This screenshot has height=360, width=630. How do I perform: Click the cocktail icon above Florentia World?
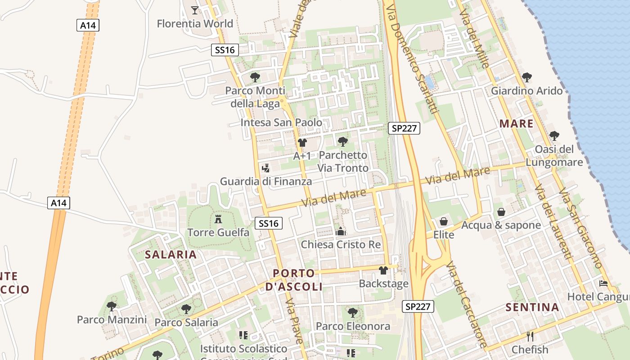click(194, 10)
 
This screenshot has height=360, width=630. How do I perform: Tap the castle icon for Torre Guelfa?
click(218, 219)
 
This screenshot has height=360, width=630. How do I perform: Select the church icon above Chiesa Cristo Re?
click(341, 232)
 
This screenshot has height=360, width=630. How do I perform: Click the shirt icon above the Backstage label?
click(383, 270)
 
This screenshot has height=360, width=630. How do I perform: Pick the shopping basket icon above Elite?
click(444, 221)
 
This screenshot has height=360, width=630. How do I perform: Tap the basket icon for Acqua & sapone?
click(501, 212)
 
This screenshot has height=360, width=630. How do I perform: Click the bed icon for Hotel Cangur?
click(603, 283)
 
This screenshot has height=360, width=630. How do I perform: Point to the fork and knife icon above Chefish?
click(530, 336)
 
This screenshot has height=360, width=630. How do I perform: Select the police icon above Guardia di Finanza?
click(265, 168)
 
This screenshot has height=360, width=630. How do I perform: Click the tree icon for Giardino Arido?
click(526, 77)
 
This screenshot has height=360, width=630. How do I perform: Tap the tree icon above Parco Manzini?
click(112, 306)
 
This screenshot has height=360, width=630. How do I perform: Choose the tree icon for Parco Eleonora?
click(353, 312)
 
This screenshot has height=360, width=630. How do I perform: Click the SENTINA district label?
click(532, 308)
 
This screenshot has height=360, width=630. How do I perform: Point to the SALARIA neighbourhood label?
click(171, 255)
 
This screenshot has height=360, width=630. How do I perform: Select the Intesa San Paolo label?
click(281, 122)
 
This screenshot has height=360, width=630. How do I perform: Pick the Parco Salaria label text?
click(186, 323)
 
